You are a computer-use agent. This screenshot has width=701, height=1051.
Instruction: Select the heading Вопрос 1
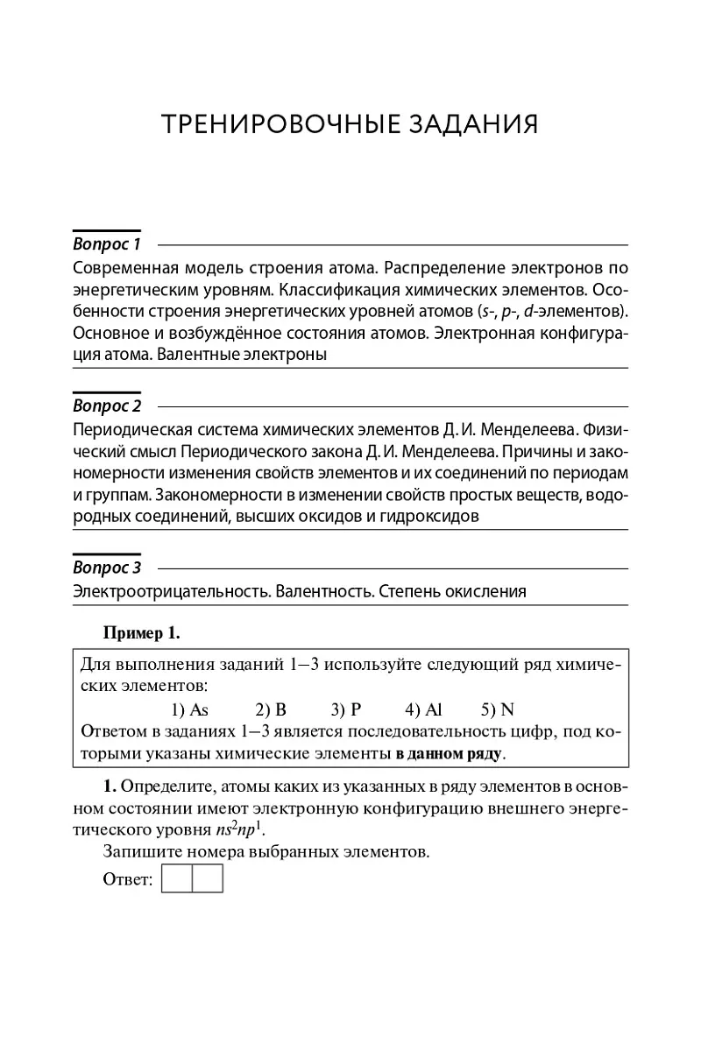[x=107, y=243]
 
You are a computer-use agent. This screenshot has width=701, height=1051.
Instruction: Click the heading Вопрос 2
[x=107, y=406]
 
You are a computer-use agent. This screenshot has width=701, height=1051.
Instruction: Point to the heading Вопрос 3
[x=107, y=568]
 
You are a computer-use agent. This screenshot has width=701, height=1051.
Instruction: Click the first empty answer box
[x=177, y=878]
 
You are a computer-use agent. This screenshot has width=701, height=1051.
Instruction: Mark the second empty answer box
[x=208, y=878]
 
